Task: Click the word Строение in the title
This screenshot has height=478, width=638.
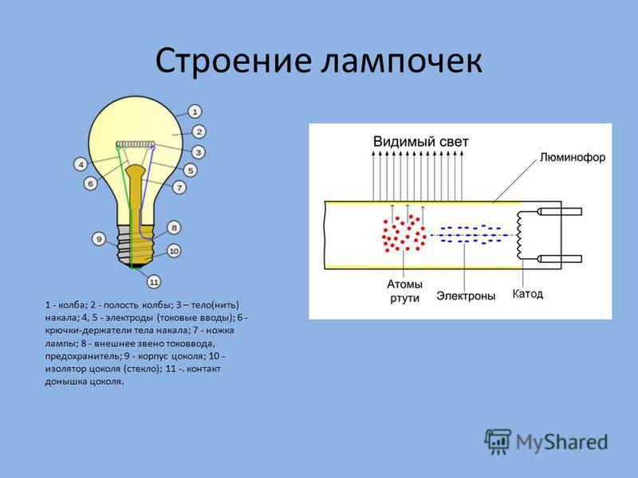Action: point(233,61)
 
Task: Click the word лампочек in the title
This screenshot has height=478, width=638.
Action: point(402,61)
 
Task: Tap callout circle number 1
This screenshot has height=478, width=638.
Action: point(195,112)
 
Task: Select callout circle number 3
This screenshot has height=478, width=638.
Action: point(198,152)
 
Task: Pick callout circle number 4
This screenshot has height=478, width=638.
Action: point(81,165)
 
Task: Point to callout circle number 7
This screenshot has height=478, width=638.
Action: point(179,187)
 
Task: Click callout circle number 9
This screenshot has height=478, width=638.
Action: point(99,239)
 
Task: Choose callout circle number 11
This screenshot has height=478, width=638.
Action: point(153,282)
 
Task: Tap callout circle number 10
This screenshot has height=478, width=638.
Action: point(174,251)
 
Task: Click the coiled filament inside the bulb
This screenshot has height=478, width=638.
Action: point(136,144)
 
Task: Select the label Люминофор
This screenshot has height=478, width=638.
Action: point(573,157)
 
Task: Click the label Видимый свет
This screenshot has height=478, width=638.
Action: point(421,142)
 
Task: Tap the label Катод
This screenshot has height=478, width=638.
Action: point(527,293)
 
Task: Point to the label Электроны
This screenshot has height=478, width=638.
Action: point(466,296)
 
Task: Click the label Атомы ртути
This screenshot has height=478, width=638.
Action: point(404,291)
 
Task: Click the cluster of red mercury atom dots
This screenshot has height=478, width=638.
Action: point(404,233)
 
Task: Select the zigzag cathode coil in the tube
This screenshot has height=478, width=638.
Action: point(520,236)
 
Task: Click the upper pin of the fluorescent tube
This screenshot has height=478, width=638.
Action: point(560,211)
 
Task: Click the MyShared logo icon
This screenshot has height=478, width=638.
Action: point(497,441)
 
